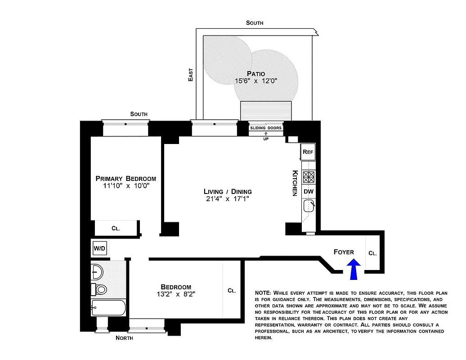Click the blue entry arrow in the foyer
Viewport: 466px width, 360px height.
click(354, 269)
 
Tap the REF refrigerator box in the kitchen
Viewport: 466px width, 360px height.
click(308, 152)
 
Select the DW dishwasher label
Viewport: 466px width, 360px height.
click(309, 192)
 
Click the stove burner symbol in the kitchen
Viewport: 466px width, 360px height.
click(309, 176)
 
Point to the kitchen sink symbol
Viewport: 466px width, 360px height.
click(309, 207)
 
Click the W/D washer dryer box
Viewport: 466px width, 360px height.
click(99, 248)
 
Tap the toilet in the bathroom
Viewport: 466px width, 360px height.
click(100, 288)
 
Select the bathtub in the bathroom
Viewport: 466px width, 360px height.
click(109, 308)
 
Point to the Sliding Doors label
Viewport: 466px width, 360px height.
click(266, 128)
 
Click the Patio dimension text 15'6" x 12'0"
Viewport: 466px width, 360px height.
click(256, 81)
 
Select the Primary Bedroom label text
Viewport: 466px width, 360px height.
click(126, 178)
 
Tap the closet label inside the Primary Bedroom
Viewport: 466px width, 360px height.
click(116, 228)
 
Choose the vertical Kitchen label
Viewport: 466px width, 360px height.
click(295, 183)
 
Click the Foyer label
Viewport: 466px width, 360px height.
click(344, 252)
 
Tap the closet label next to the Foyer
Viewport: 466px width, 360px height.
click(372, 253)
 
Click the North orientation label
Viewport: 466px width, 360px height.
click(124, 338)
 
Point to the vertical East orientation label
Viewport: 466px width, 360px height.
click(191, 75)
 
